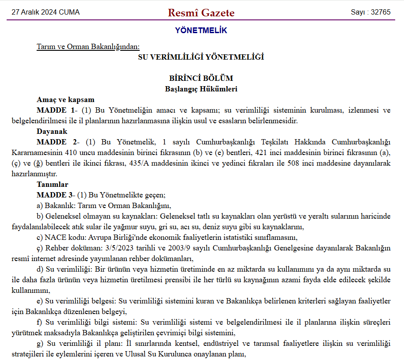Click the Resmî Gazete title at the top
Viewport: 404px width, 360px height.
(x=201, y=13)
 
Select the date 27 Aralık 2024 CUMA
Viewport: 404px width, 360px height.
(x=46, y=12)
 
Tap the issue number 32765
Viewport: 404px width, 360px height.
(x=370, y=12)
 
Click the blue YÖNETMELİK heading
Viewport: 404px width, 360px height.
(x=201, y=30)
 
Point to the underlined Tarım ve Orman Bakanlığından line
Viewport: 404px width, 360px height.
(x=88, y=46)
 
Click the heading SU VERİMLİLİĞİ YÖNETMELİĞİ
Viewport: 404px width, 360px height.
(x=201, y=57)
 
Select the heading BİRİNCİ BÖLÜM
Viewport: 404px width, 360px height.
(x=201, y=78)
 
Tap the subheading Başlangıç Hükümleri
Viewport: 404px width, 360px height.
(x=201, y=89)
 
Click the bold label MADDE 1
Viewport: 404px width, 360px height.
(x=55, y=110)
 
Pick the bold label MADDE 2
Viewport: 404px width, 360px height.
(x=55, y=142)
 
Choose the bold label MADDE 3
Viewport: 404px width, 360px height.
(x=55, y=195)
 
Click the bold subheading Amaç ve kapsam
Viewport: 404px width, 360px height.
(x=65, y=99)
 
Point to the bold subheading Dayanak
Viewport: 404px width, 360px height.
(x=52, y=131)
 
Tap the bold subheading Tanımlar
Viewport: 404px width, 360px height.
(x=53, y=184)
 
